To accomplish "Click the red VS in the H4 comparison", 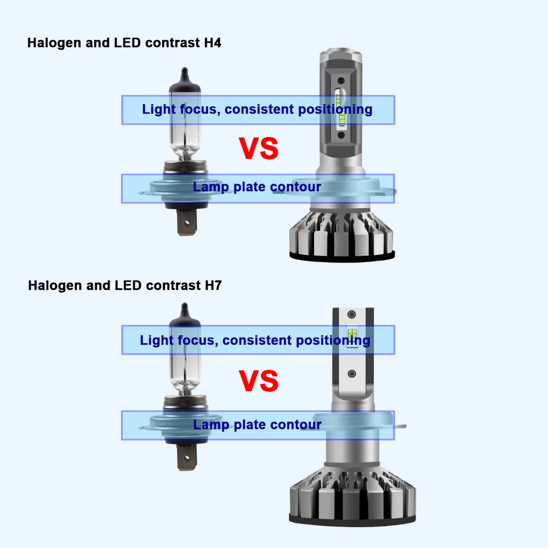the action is [x=259, y=149].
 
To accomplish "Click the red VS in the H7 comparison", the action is [x=259, y=381].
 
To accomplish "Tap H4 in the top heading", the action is [x=213, y=43].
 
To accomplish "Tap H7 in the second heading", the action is [x=213, y=285].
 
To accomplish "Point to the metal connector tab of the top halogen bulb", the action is [x=187, y=222].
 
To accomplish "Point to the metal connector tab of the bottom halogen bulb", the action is [x=187, y=458].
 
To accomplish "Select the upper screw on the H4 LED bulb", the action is [x=341, y=81].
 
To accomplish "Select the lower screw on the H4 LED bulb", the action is [x=341, y=135].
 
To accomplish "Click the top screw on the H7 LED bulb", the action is [x=352, y=314].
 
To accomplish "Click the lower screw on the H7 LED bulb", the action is [x=352, y=374].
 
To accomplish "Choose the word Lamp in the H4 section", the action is [x=211, y=187].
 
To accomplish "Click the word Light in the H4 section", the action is [x=159, y=110].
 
